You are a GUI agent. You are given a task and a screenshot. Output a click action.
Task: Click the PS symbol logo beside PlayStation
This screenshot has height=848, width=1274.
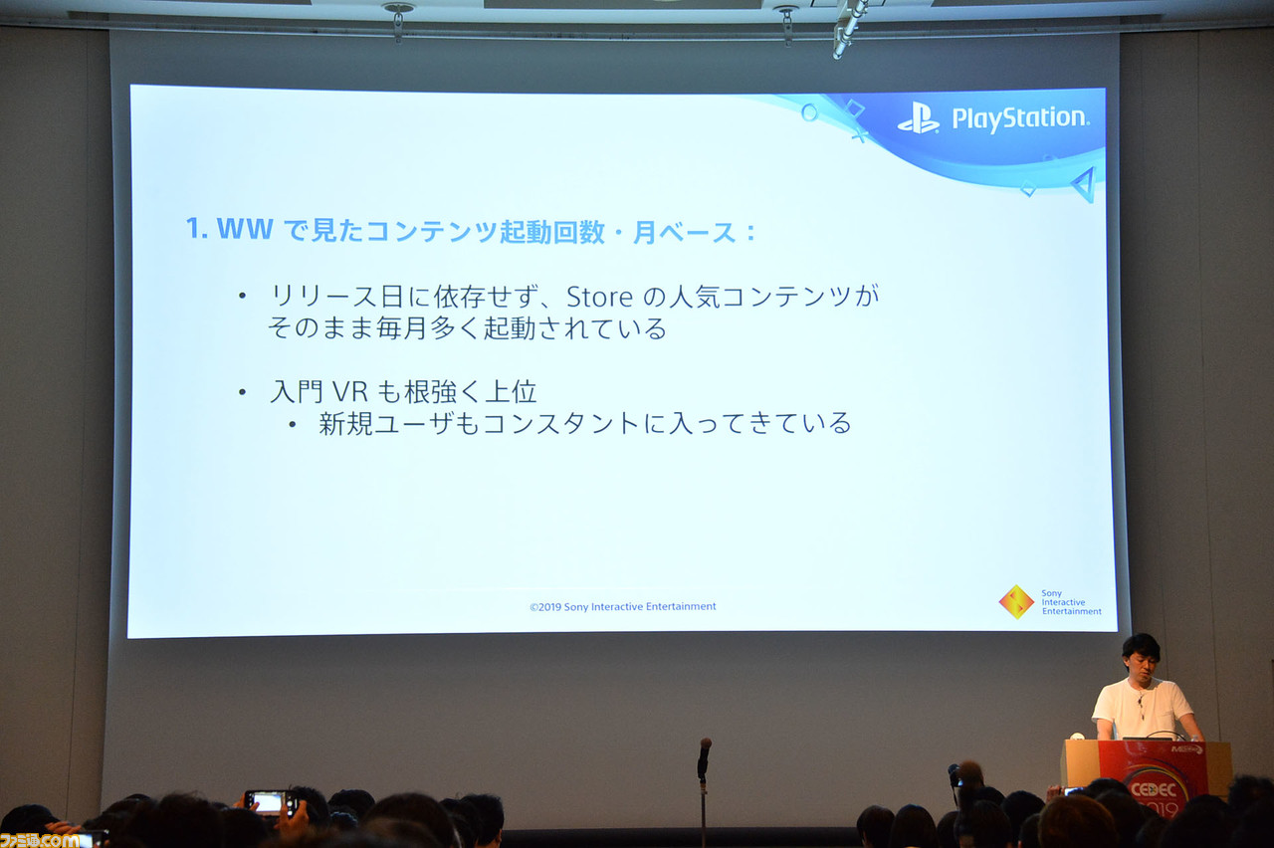[918, 118]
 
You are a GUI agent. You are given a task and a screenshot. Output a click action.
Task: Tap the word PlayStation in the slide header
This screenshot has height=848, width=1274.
[1019, 118]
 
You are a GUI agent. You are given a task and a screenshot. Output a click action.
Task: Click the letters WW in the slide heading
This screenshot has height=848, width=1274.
[245, 230]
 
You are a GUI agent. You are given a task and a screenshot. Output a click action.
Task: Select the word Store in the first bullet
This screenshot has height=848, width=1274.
[600, 296]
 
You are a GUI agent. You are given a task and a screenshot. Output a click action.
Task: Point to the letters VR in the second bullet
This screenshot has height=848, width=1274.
[350, 391]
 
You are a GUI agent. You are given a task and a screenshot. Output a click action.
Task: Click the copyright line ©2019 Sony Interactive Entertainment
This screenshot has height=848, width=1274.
[622, 606]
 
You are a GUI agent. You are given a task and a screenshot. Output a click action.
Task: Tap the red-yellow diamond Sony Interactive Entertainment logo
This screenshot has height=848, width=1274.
[1016, 601]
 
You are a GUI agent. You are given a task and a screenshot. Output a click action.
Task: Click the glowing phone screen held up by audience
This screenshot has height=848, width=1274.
[269, 802]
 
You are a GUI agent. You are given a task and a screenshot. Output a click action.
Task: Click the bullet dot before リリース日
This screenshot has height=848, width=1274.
[242, 296]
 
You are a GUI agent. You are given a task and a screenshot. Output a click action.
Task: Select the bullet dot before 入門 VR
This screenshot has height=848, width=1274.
[242, 392]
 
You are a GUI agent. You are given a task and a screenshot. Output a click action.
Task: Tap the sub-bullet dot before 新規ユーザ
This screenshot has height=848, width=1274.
[292, 424]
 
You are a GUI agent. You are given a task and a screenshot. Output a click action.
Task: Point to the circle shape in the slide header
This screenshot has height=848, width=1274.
[808, 111]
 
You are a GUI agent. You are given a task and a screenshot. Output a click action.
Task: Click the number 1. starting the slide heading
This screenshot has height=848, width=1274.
[197, 230]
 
